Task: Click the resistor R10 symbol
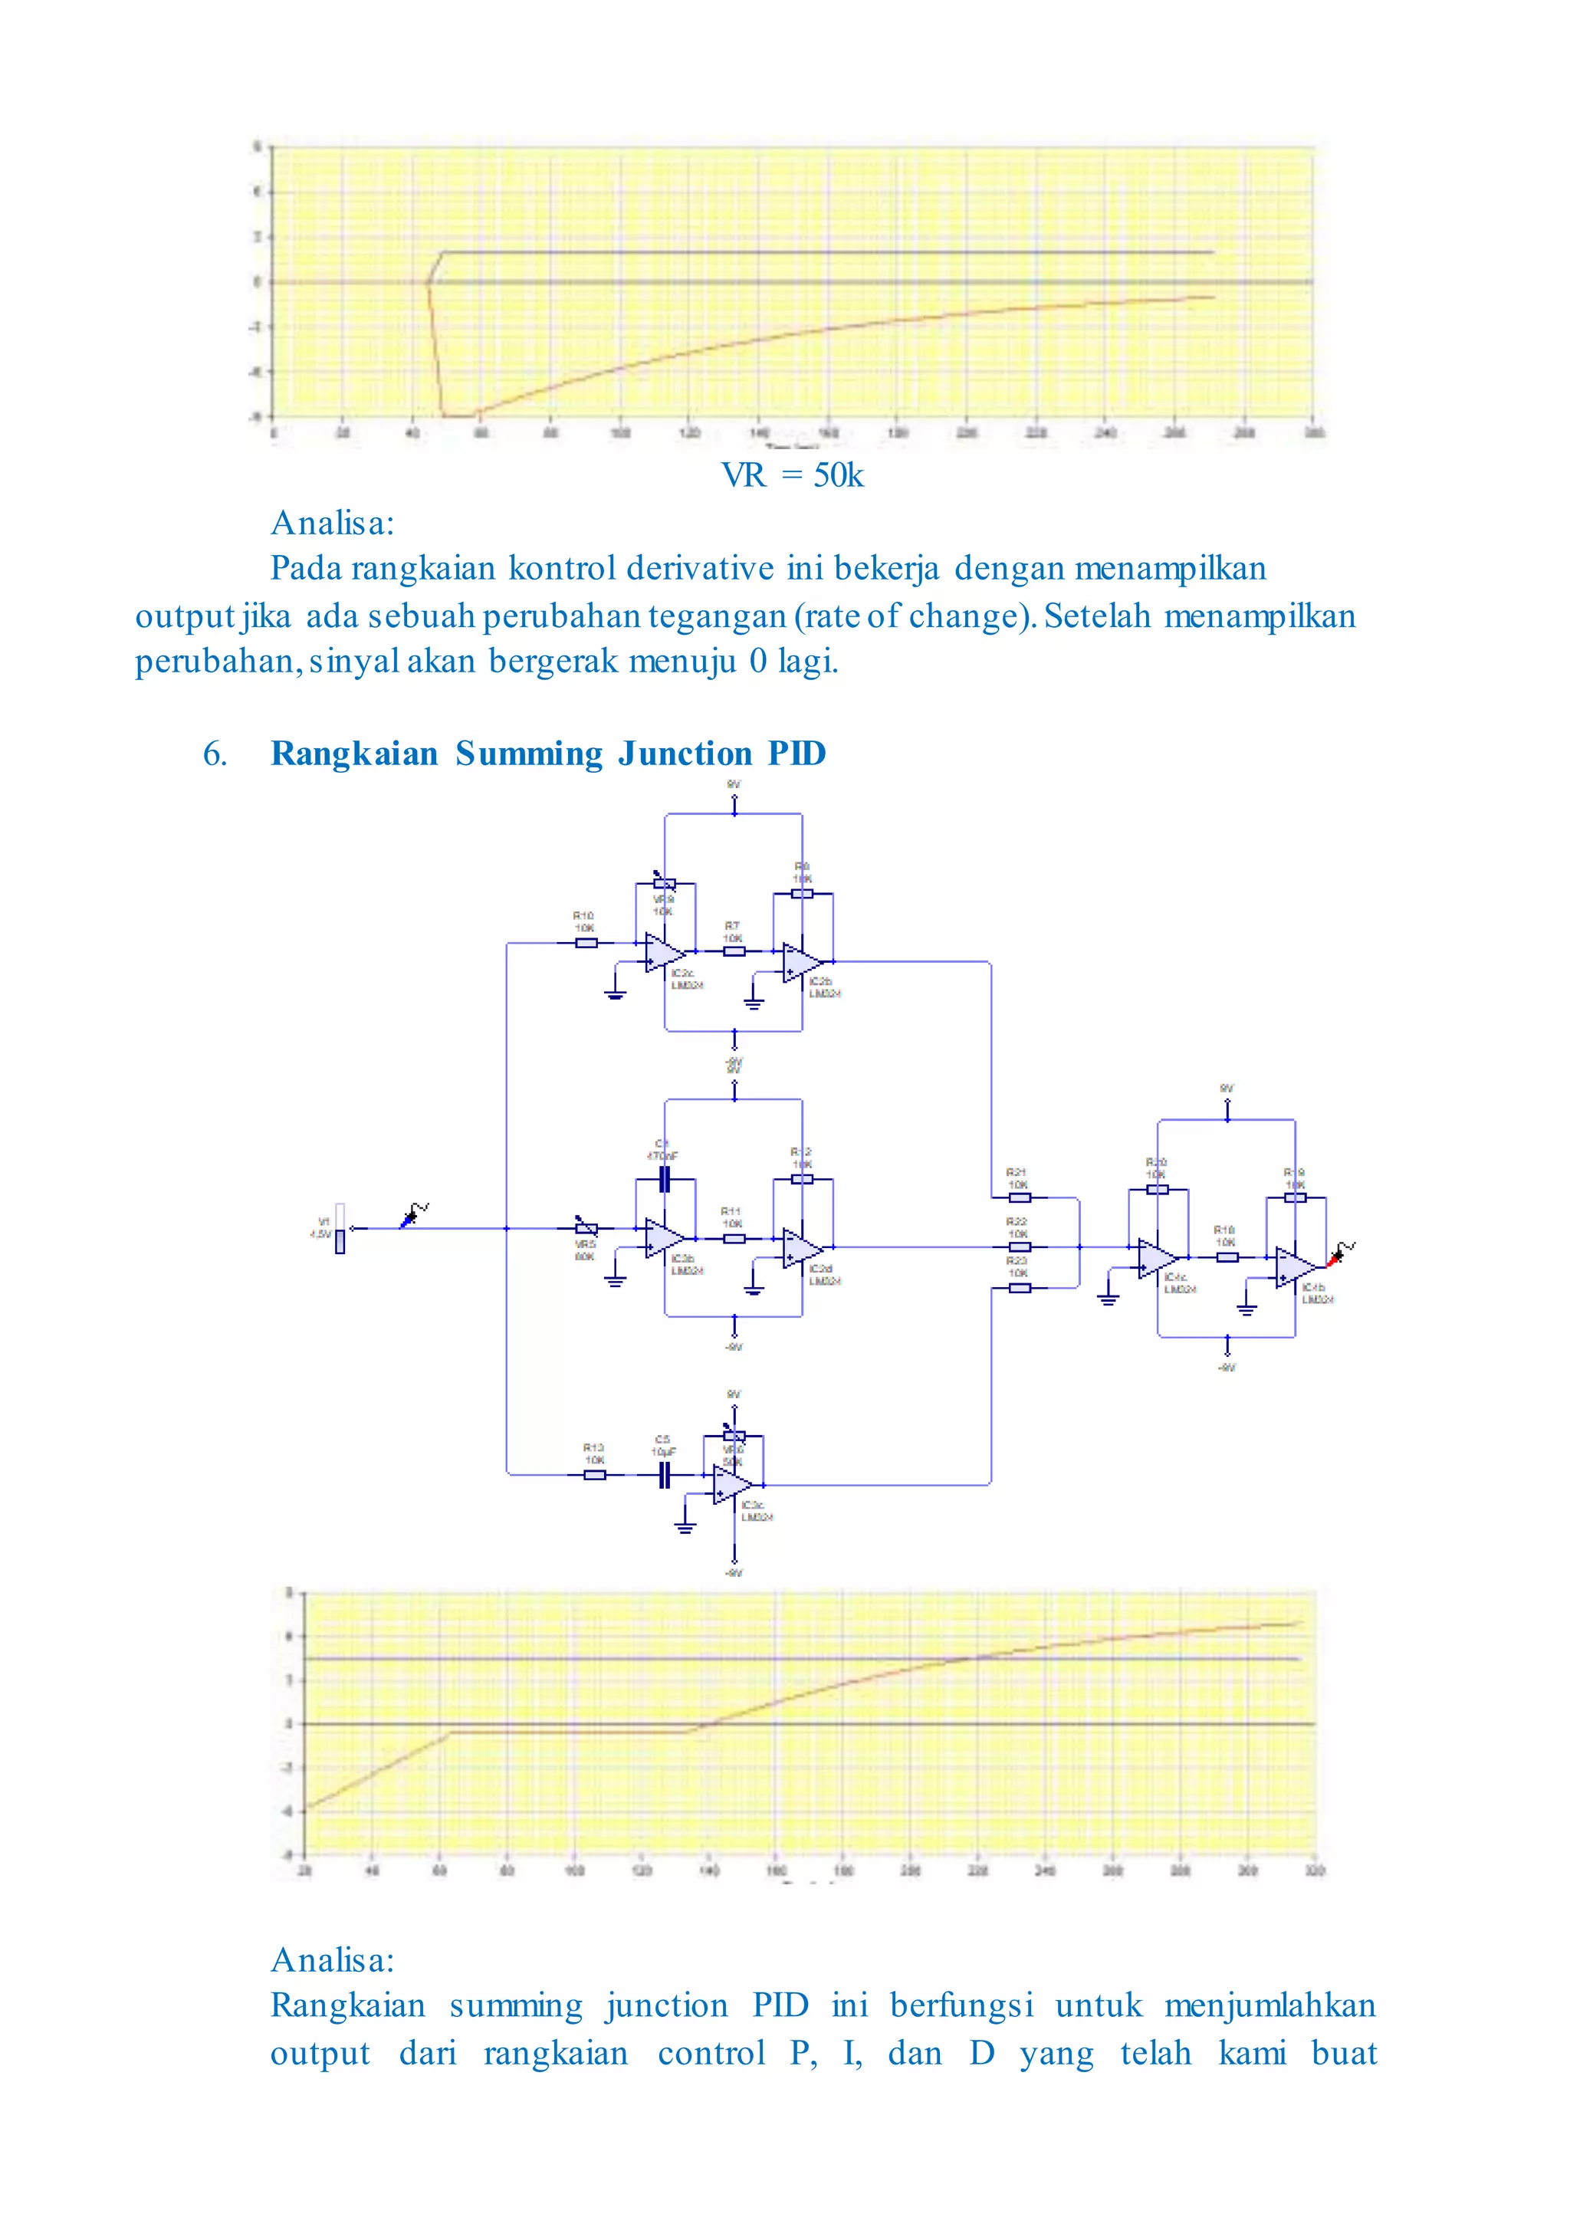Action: (x=586, y=942)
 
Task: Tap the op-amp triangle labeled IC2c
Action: (x=665, y=953)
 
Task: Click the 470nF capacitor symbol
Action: (x=665, y=1179)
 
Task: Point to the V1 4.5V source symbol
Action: (x=339, y=1229)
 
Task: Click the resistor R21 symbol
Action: (x=1019, y=1197)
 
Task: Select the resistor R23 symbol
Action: (x=1019, y=1288)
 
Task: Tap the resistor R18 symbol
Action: (x=1227, y=1256)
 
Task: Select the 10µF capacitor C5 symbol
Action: (x=665, y=1476)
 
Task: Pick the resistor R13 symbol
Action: (x=595, y=1476)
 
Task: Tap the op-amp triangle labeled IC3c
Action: (x=731, y=1485)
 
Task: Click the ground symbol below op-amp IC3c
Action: (x=685, y=1528)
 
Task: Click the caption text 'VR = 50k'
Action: (x=792, y=475)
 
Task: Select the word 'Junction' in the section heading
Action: (x=684, y=754)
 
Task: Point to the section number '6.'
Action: (x=215, y=754)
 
